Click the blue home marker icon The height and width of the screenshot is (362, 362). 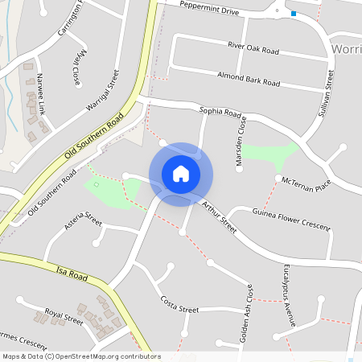[x=181, y=174]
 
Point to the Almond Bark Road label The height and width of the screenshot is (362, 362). [x=249, y=79]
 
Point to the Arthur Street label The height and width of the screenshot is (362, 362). [x=220, y=217]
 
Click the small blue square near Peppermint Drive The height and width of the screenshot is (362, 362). [x=294, y=14]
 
